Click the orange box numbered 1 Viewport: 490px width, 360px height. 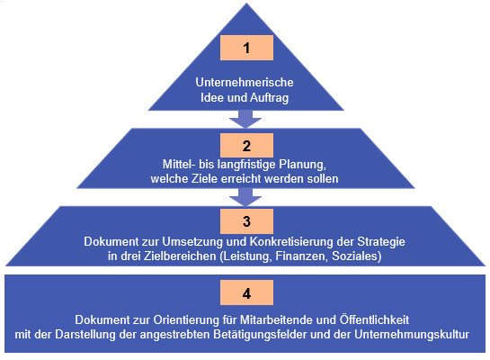tap(246, 48)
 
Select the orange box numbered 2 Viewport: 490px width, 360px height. tap(246, 146)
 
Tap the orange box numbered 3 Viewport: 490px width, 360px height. tap(246, 221)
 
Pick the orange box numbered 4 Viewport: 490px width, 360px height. tap(246, 292)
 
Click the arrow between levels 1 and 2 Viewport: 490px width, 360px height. tap(245, 119)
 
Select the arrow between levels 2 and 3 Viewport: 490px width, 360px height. tap(245, 197)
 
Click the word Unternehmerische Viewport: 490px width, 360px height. tap(245, 82)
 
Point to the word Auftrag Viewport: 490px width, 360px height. tap(269, 97)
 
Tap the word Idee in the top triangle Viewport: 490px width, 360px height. tap(212, 97)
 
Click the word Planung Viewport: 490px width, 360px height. tap(302, 165)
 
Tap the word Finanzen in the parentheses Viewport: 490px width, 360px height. tap(301, 256)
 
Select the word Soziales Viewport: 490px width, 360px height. tap(355, 256)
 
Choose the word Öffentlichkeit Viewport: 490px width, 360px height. tap(374, 319)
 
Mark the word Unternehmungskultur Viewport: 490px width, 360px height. tap(412, 335)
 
